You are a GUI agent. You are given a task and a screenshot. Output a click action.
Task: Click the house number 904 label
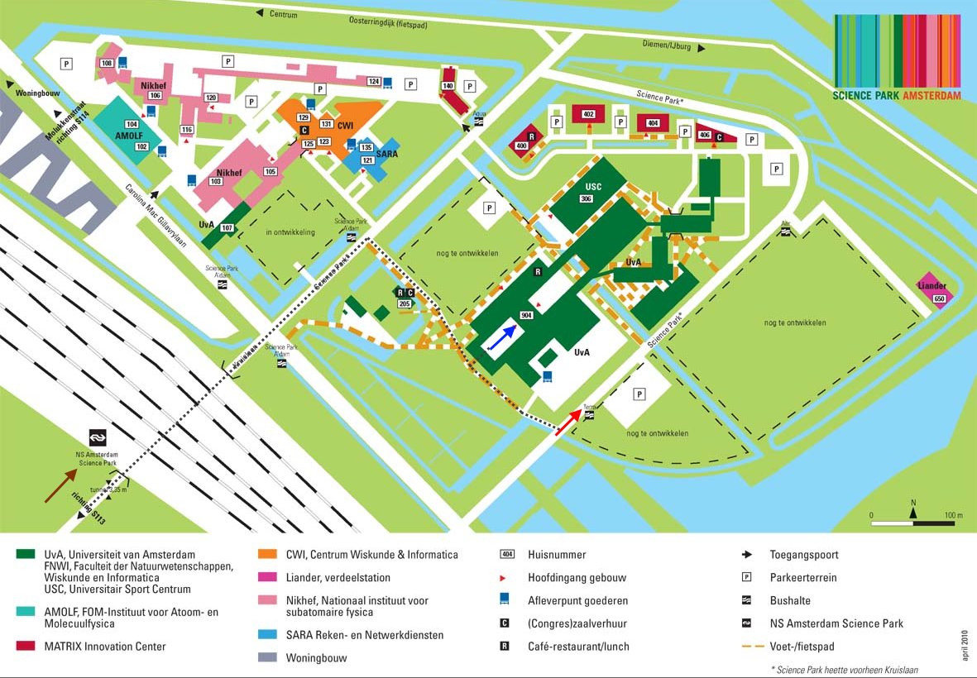click(526, 316)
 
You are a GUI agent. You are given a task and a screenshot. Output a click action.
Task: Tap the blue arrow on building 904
click(503, 338)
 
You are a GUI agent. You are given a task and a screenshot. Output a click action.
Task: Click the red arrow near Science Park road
click(567, 422)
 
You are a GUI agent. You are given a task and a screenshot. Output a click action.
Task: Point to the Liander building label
click(932, 286)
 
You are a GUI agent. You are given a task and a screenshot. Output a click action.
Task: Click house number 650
click(939, 298)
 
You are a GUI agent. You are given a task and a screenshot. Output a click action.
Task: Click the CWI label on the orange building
click(346, 124)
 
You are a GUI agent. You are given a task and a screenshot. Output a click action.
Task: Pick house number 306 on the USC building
click(586, 198)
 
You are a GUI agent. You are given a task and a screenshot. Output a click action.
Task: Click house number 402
click(589, 114)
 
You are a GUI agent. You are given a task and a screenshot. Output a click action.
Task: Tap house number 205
click(405, 303)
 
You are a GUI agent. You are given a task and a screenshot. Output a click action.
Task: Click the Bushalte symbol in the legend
click(746, 600)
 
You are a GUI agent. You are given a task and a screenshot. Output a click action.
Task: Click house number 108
click(106, 64)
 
